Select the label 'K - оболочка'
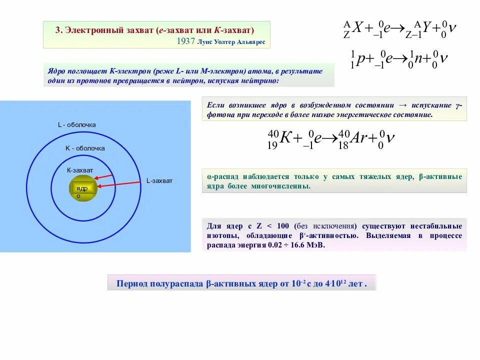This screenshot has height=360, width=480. coord(85,148)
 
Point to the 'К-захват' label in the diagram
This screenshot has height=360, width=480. coord(80,170)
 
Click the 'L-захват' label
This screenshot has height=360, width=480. coord(159,181)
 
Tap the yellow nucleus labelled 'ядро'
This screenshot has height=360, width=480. coord(82,188)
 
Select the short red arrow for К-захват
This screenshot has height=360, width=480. coord(103,176)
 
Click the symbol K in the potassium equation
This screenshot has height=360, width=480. coord(285,138)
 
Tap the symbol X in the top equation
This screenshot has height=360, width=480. coord(357,29)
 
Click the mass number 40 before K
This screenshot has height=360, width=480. coord(272,133)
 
